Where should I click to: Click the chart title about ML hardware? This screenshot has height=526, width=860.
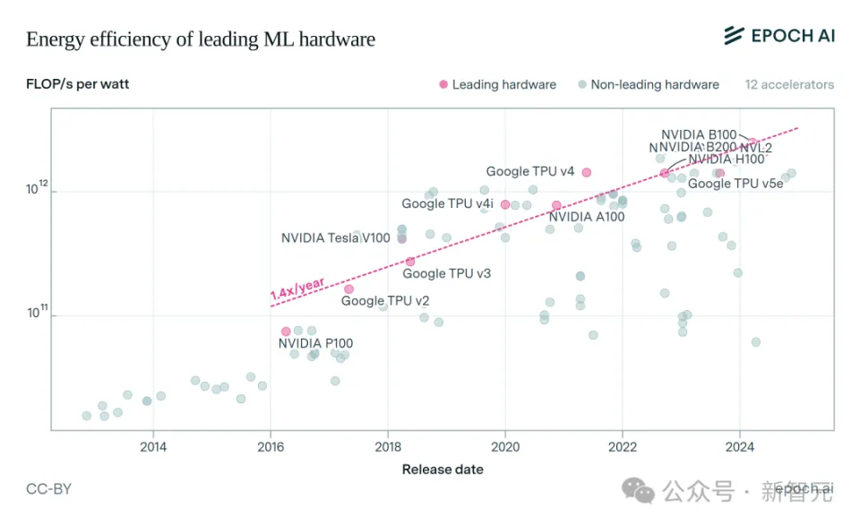click(x=201, y=39)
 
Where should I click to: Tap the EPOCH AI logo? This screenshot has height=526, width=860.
click(x=778, y=36)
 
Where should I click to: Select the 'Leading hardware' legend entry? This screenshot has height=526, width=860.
click(x=497, y=85)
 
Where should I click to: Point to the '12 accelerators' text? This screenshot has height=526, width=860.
click(x=789, y=85)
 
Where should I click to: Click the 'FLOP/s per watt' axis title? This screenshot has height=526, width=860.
click(x=77, y=85)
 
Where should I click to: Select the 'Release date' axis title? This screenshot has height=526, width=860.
click(x=443, y=470)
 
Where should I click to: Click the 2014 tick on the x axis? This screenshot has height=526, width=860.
click(x=153, y=446)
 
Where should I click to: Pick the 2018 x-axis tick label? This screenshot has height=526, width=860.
click(x=388, y=446)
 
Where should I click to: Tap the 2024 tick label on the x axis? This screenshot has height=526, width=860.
click(x=739, y=446)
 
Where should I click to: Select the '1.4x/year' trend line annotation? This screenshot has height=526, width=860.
click(x=297, y=288)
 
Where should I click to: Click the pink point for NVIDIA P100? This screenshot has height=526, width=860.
click(x=286, y=332)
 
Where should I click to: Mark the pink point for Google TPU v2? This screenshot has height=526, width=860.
click(x=348, y=289)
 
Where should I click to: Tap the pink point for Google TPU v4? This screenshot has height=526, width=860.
click(x=587, y=172)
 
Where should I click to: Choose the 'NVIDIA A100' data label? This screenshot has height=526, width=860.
click(x=587, y=217)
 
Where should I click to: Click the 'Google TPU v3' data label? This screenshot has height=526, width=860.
click(x=446, y=273)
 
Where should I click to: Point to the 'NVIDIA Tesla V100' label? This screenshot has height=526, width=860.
click(x=336, y=238)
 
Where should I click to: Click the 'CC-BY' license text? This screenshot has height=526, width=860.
click(x=48, y=489)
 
